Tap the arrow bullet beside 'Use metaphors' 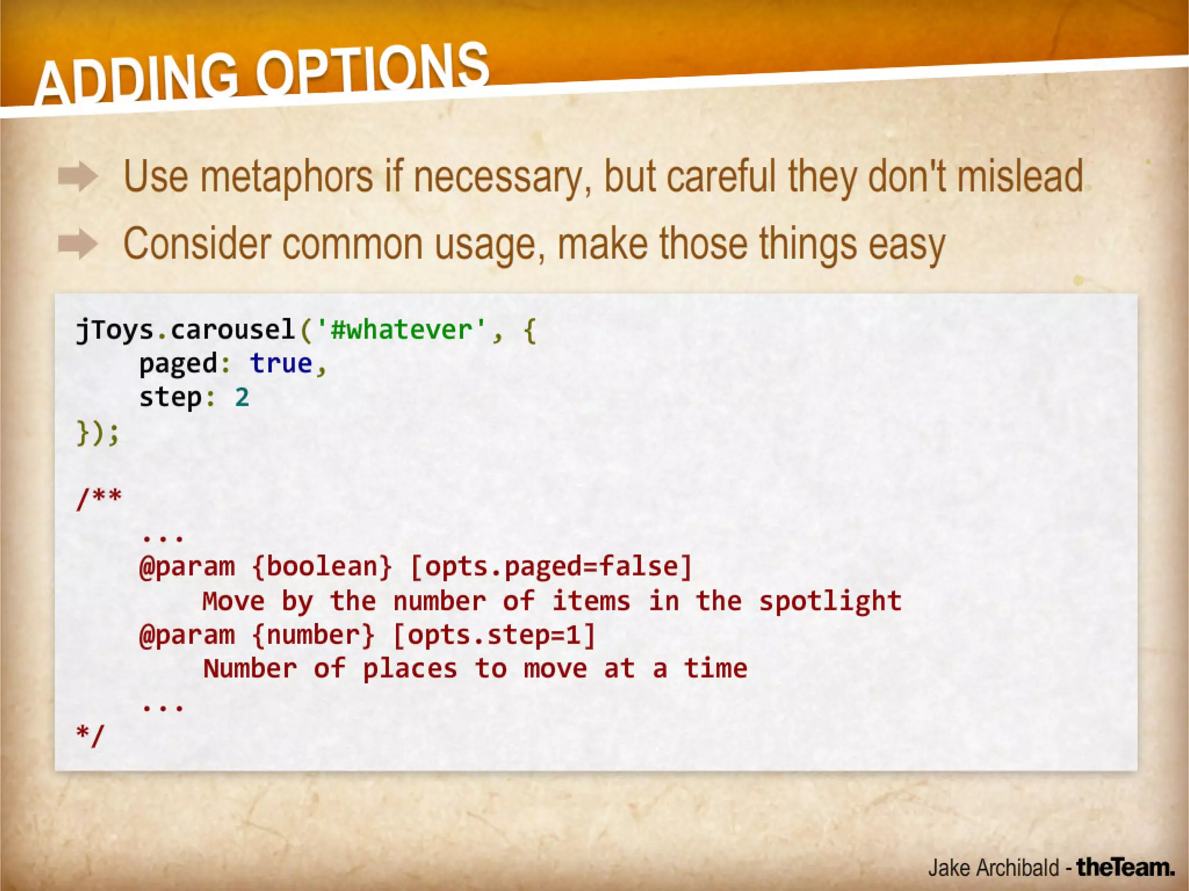click(78, 176)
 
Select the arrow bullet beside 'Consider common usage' click(78, 244)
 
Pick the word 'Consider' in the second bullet click(197, 244)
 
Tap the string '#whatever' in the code click(401, 330)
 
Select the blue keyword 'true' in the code click(282, 364)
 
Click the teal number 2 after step click(242, 398)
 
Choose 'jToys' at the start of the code click(114, 330)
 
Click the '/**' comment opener click(99, 498)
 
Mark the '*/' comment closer click(90, 735)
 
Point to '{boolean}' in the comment click(323, 567)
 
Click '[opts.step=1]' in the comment click(494, 634)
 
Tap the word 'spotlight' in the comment click(830, 601)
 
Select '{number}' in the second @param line click(314, 634)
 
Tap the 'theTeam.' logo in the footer click(1125, 867)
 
